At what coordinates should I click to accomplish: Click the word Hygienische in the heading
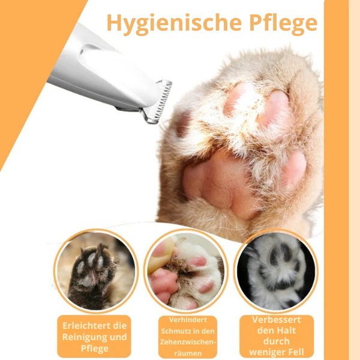pyautogui.click(x=174, y=23)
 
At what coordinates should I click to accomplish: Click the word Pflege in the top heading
pyautogui.click(x=283, y=23)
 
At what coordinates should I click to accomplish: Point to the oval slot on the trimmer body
pyautogui.click(x=89, y=49)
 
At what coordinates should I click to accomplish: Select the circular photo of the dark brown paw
pyautogui.click(x=96, y=271)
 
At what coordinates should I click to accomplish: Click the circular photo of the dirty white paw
pyautogui.click(x=186, y=271)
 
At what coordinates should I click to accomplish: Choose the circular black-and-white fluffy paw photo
pyautogui.click(x=276, y=271)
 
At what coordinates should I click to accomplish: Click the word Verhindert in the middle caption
pyautogui.click(x=188, y=320)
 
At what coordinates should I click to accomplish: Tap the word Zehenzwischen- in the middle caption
pyautogui.click(x=188, y=342)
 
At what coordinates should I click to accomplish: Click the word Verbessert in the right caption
pyautogui.click(x=276, y=320)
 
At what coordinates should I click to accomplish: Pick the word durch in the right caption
pyautogui.click(x=276, y=341)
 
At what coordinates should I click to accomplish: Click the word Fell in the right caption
pyautogui.click(x=296, y=352)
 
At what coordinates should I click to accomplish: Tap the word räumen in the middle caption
pyautogui.click(x=188, y=353)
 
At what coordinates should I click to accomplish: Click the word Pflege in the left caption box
pyautogui.click(x=94, y=349)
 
